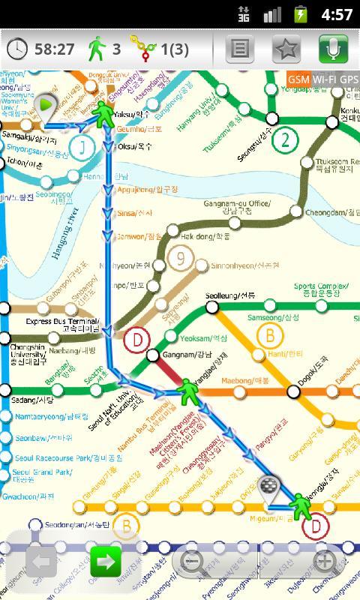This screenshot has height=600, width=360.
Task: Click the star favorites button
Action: click(x=286, y=49)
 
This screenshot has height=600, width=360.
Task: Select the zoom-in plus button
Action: click(x=324, y=562)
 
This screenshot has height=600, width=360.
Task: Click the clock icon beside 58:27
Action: click(x=18, y=49)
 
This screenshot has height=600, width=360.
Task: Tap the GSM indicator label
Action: click(x=298, y=79)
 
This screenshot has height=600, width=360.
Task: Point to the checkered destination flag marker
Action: click(x=268, y=487)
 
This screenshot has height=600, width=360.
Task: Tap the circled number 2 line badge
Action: click(x=286, y=139)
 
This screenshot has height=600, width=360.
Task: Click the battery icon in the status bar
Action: click(x=301, y=14)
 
